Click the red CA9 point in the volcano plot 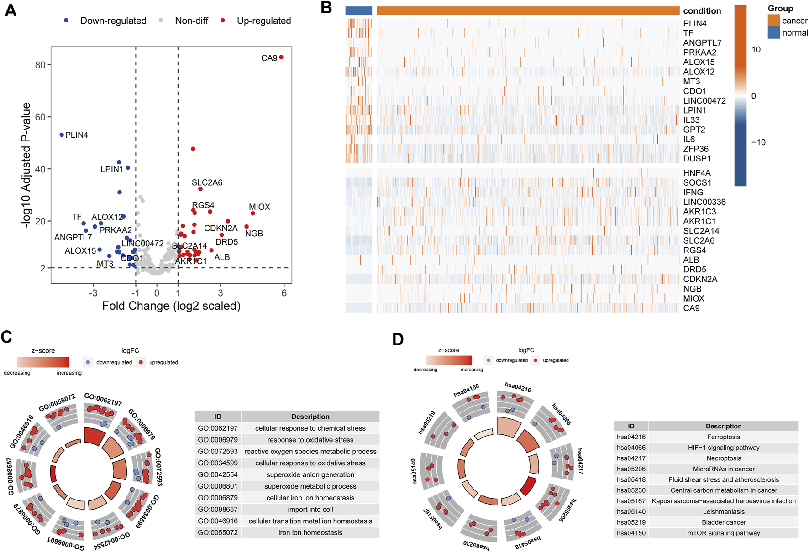[x=281, y=57]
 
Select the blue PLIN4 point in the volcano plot [x=62, y=135]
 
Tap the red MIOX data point [x=253, y=214]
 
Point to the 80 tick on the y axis [x=40, y=65]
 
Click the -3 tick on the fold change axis [x=93, y=293]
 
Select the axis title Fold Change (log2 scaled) [x=171, y=306]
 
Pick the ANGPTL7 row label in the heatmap [x=702, y=43]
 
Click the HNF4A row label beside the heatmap [x=697, y=173]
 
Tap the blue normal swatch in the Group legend [x=774, y=32]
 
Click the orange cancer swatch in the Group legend [x=774, y=21]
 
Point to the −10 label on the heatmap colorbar [x=758, y=142]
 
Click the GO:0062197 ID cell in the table [x=218, y=428]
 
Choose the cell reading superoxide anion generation [x=310, y=474]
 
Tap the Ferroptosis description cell [x=724, y=437]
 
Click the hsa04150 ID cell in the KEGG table [x=631, y=533]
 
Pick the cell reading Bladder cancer [x=724, y=522]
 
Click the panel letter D [x=398, y=340]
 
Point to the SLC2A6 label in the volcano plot [x=207, y=182]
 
